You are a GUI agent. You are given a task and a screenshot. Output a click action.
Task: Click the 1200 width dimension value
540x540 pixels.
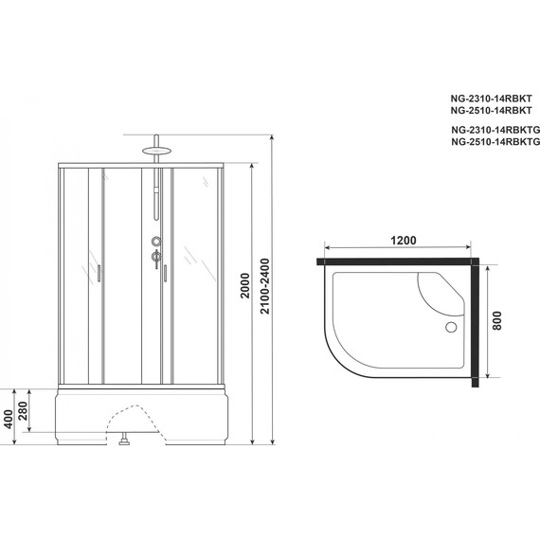(x=404, y=241)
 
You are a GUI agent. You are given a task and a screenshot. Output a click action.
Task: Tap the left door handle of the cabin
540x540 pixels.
(x=96, y=275)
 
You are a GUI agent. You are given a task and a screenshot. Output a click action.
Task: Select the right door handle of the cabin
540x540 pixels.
(x=164, y=274)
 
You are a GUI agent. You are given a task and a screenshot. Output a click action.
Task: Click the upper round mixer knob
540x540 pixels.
(x=153, y=241)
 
